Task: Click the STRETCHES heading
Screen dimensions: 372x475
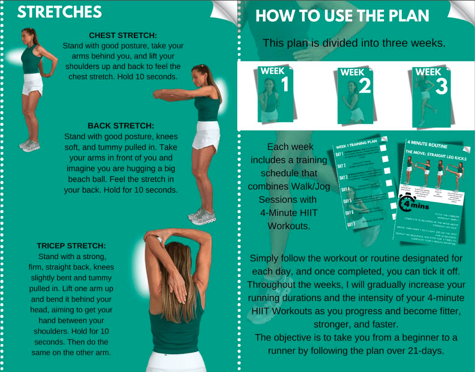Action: point(60,12)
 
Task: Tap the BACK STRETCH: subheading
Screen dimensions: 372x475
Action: point(121,126)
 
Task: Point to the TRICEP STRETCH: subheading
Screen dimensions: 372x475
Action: point(71,246)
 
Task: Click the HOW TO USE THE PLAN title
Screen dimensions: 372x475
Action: point(342,16)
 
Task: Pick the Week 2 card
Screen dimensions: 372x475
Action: point(355,94)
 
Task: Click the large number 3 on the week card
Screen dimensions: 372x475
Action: point(441,86)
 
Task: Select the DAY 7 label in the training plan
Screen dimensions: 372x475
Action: point(351,224)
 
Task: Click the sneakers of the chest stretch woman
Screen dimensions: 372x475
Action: point(30,145)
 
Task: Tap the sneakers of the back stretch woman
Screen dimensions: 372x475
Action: point(201,216)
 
